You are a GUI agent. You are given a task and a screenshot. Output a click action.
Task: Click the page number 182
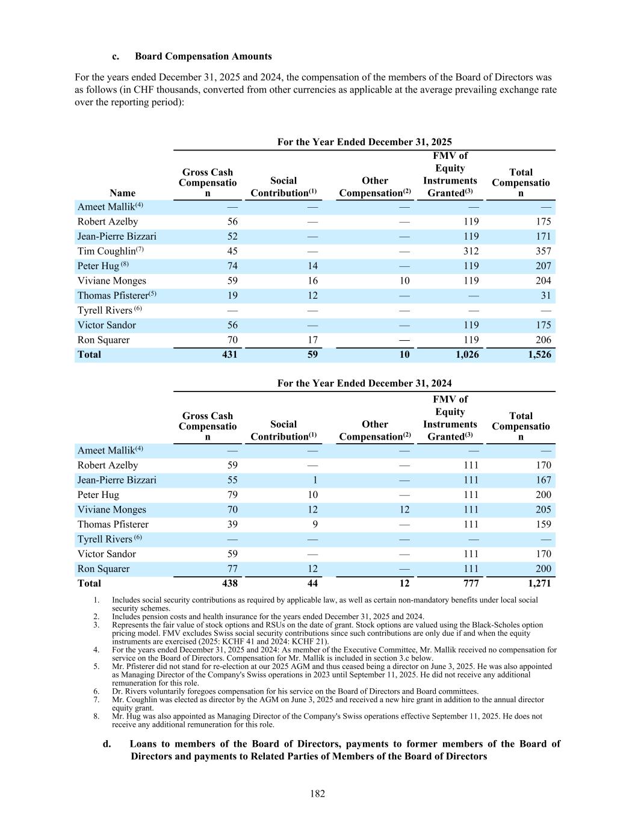coord(317,794)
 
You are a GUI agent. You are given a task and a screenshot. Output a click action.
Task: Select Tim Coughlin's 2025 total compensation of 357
coord(543,251)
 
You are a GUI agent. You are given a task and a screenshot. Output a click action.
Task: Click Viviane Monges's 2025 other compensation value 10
coord(404,281)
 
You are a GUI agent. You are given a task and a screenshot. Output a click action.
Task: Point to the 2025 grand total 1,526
coord(539,355)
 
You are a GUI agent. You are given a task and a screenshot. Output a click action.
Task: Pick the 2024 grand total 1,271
coord(539,584)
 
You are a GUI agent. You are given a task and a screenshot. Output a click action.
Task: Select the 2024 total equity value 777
coord(471,584)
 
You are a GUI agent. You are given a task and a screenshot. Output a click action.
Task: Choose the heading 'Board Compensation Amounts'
coord(203,57)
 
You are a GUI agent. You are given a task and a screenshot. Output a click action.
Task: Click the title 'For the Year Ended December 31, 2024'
coord(364,384)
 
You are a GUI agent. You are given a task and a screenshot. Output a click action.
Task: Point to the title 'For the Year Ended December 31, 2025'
coord(364,142)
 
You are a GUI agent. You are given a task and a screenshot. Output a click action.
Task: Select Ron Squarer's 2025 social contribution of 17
coord(312,340)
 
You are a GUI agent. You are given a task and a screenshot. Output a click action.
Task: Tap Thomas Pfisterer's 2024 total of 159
coord(543,525)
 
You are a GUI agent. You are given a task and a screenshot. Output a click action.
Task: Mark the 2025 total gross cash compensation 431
coord(229,355)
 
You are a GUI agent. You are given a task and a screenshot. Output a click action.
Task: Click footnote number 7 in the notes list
coord(96,700)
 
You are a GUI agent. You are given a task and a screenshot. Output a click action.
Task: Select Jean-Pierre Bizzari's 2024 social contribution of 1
coord(315,480)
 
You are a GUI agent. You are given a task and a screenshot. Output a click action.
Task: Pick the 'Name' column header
coord(123,193)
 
